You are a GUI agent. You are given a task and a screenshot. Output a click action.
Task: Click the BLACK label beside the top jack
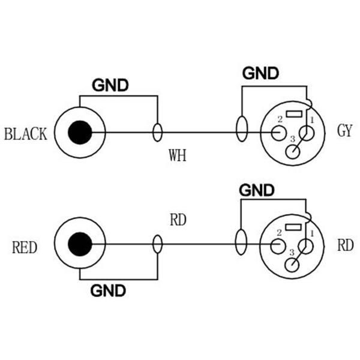pyautogui.click(x=25, y=133)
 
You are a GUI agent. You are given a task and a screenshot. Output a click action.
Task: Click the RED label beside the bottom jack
pyautogui.click(x=25, y=247)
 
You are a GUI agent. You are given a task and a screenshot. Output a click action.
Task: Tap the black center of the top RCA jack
pyautogui.click(x=80, y=133)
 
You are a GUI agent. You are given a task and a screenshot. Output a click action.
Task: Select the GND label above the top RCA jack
pyautogui.click(x=110, y=85)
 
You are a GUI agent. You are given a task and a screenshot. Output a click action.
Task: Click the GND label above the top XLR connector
pyautogui.click(x=260, y=73)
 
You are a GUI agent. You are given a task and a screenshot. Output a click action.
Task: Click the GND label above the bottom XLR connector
pyautogui.click(x=257, y=191)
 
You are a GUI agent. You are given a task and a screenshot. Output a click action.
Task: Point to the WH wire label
pyautogui.click(x=177, y=157)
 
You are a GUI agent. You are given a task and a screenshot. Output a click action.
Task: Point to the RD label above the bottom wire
pyautogui.click(x=178, y=220)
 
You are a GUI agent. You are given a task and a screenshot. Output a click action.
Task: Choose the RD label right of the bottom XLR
pyautogui.click(x=345, y=245)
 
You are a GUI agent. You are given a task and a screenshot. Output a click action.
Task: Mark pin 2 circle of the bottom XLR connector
pyautogui.click(x=277, y=245)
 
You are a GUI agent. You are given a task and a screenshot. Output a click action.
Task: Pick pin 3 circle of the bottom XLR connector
pyautogui.click(x=292, y=265)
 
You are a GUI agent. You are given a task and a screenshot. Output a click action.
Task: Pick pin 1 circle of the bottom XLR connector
pyautogui.click(x=307, y=245)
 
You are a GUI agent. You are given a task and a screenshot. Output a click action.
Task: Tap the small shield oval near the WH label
pyautogui.click(x=158, y=133)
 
